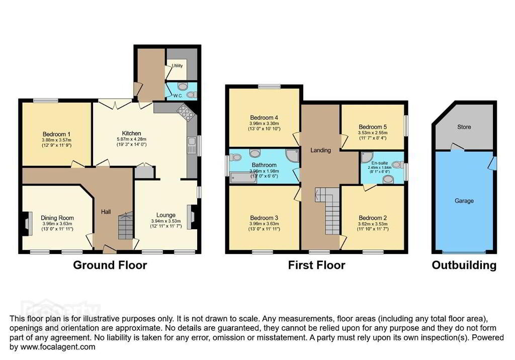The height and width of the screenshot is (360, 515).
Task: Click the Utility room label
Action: coord(178,66)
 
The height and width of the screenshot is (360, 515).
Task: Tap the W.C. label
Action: coord(178,96)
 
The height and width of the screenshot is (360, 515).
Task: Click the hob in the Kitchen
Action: coord(186,113)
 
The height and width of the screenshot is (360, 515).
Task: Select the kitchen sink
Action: coord(191,145)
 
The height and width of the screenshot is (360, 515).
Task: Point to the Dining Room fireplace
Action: coord(27,224)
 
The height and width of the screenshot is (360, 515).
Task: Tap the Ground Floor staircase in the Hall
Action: coord(125,225)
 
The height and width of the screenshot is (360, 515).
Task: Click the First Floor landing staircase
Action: coord(328,210)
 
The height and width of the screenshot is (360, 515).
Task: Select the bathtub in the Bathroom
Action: coord(243,177)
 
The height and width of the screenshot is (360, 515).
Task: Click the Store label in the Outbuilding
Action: coord(464,127)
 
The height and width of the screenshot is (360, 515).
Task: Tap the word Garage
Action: coord(464,201)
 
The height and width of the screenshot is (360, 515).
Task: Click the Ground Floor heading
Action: coord(110,265)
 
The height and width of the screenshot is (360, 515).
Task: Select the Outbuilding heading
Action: coord(464,265)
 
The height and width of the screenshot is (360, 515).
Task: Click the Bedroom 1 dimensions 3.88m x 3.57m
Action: coord(57,140)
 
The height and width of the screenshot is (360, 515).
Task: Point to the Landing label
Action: coord(320,150)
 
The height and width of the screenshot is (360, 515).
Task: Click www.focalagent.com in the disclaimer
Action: coord(58,346)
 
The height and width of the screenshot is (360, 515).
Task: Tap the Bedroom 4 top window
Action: coord(270,86)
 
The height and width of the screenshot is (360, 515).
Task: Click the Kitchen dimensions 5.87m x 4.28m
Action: coord(131,139)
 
